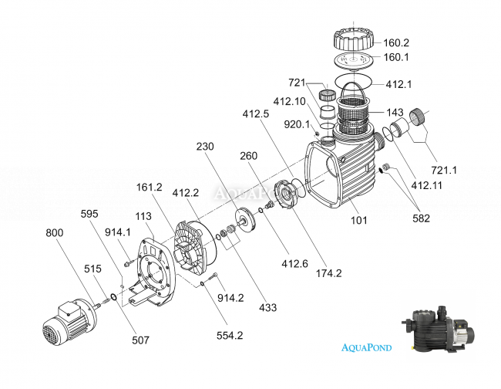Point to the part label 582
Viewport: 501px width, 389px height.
421,218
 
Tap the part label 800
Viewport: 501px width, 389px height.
55,232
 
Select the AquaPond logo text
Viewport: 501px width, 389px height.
366,347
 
